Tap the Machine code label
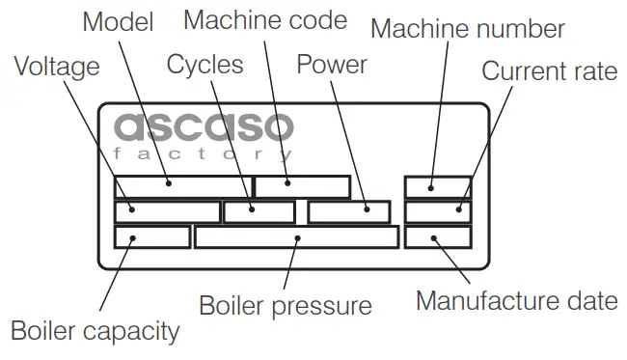pos(264,18)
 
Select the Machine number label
pos(468,28)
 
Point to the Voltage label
pos(56,67)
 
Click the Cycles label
pos(205,65)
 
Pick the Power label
pos(332,65)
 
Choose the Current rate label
pos(549,70)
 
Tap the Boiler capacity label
pos(95,331)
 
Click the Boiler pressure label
pos(285,306)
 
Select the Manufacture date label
pos(516,300)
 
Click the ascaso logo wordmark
pos(203,127)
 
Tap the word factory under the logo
pos(203,154)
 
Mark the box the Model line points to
pos(182,186)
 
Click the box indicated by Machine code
pos(302,186)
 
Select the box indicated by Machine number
pos(438,186)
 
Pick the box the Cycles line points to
pos(259,211)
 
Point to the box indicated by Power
pos(349,211)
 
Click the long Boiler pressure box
pos(296,236)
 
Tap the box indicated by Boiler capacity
pos(151,236)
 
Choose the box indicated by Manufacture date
pos(438,236)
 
